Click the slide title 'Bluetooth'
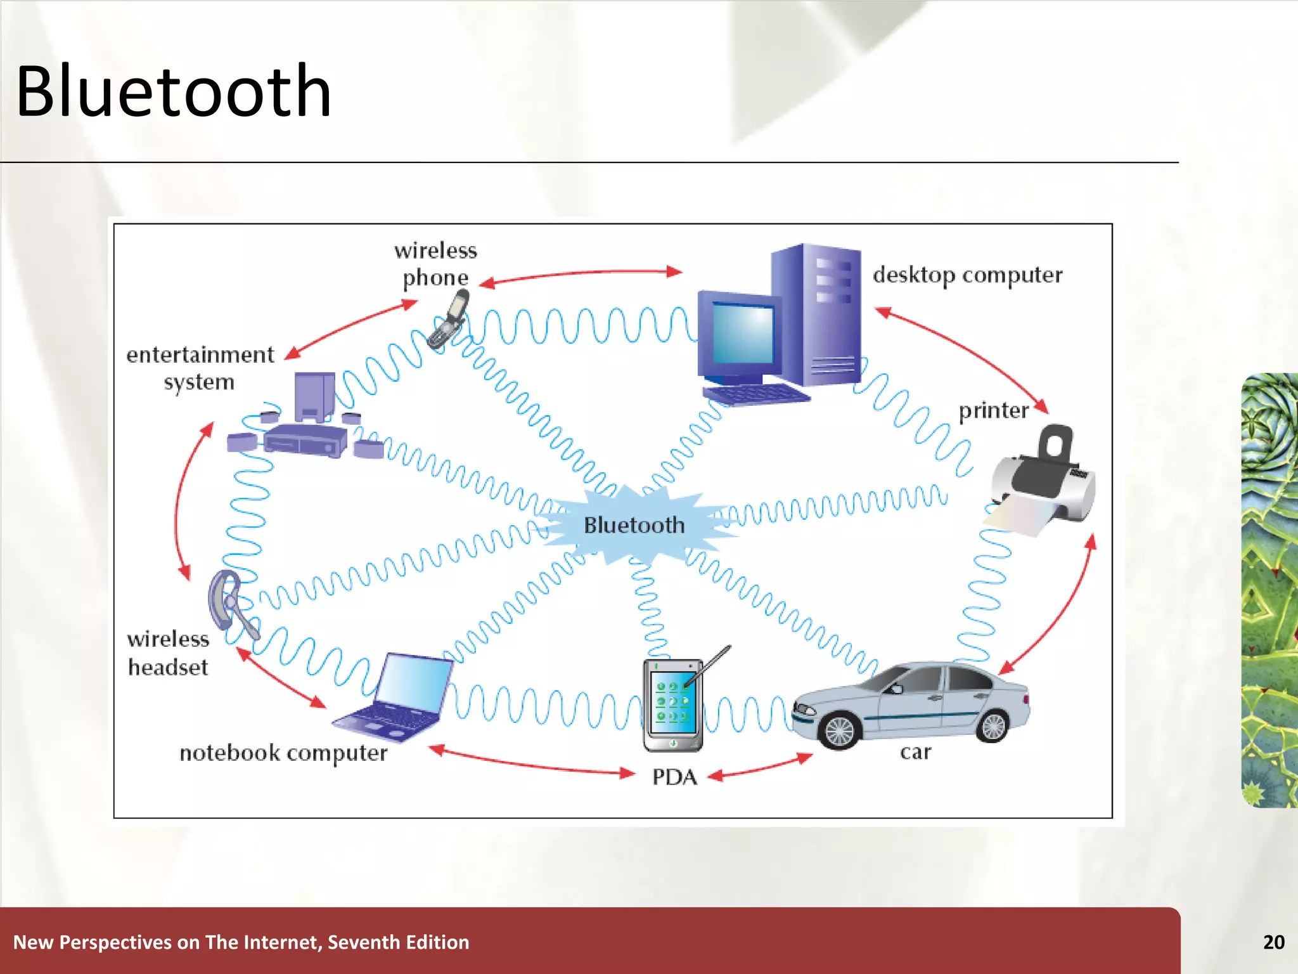pos(173,92)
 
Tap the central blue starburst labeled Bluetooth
pos(634,526)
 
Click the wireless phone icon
pos(449,320)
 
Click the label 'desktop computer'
pos(967,275)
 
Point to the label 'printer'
pos(993,411)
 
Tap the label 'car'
pos(915,753)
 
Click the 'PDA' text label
pos(674,777)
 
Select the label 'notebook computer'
pos(283,753)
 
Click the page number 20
pos(1273,942)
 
